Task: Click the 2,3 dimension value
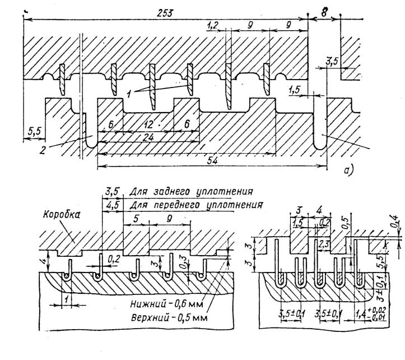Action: pos(324,243)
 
